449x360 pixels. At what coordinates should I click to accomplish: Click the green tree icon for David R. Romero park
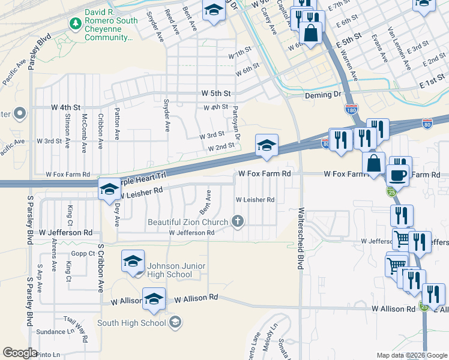(76, 23)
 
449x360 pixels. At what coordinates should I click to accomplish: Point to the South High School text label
(131, 323)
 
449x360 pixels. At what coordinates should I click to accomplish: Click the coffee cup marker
(399, 175)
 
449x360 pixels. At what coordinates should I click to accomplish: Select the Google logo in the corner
(20, 352)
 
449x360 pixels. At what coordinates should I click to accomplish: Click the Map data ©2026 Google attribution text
(411, 355)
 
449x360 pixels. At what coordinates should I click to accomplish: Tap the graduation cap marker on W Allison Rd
(154, 298)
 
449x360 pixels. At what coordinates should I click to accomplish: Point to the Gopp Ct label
(83, 254)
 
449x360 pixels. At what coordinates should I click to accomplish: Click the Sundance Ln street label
(53, 331)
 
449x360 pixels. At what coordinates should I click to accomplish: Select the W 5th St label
(216, 94)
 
